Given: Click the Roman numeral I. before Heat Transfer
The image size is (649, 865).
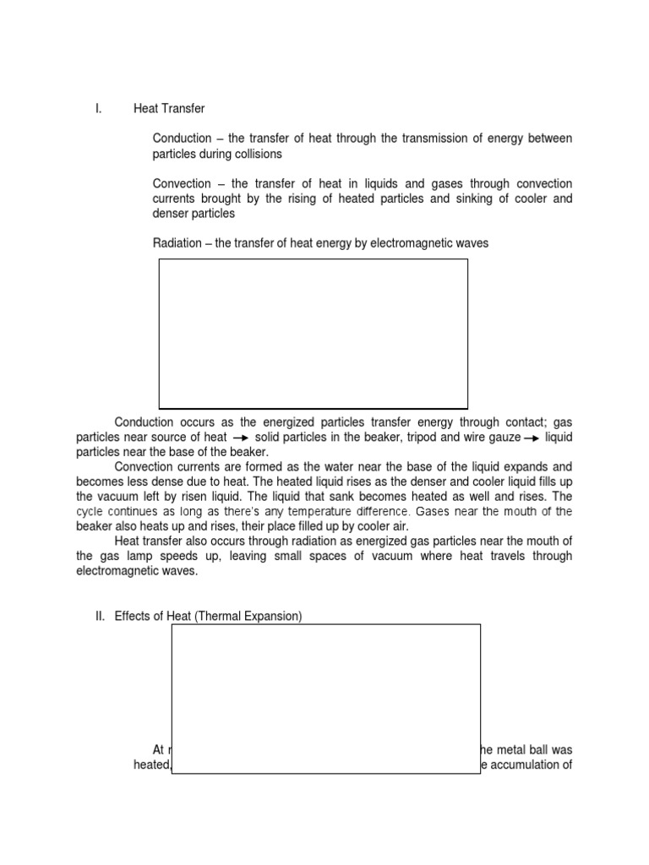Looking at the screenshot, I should pos(98,109).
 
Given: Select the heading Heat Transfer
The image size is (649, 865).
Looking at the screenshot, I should pos(169,109).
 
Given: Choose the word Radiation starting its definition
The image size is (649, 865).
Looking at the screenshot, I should pos(178,243).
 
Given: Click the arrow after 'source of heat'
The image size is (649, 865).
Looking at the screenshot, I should pos(240,438).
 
